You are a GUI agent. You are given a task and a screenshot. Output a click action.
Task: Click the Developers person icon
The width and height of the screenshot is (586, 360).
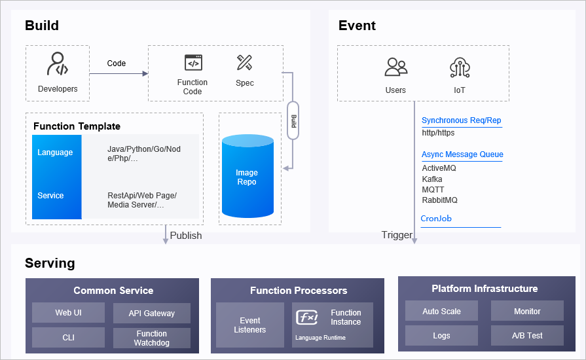(58, 65)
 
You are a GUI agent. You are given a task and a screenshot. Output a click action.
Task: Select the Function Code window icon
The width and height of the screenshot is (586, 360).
(193, 63)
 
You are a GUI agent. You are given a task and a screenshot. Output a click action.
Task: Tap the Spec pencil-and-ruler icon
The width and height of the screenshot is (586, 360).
(245, 63)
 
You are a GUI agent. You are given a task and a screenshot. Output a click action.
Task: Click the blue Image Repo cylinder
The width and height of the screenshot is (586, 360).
(247, 176)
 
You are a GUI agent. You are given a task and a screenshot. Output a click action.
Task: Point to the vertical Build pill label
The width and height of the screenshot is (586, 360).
(293, 120)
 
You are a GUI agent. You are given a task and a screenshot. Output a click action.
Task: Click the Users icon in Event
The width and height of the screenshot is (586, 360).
(395, 67)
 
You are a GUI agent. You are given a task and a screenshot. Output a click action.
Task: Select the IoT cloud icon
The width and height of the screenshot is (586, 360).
(459, 67)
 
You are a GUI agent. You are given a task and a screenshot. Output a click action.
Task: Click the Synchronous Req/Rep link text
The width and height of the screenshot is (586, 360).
(461, 120)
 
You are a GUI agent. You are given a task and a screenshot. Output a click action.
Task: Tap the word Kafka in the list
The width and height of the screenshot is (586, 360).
(432, 179)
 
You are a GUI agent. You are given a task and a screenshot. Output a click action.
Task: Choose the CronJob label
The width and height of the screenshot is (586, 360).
(436, 219)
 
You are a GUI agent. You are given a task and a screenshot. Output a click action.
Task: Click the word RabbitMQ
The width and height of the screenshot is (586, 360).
(439, 200)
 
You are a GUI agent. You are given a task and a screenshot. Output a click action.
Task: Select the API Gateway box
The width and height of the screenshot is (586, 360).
(152, 313)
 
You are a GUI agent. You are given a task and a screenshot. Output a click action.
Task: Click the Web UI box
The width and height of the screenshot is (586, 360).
(68, 313)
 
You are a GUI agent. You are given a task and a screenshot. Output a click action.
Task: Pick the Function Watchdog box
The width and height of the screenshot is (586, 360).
(152, 338)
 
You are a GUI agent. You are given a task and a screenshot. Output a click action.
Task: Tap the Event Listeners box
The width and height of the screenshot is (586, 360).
(250, 325)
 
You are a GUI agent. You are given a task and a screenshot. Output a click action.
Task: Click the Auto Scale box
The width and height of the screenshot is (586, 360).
(441, 311)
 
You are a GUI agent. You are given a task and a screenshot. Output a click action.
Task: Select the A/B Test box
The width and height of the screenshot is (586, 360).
(527, 336)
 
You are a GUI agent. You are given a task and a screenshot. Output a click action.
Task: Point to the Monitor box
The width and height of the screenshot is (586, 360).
(527, 311)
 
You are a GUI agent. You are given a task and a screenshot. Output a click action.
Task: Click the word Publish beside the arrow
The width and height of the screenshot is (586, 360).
(186, 236)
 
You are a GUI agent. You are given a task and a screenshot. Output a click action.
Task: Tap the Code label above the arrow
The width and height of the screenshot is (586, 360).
(117, 63)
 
